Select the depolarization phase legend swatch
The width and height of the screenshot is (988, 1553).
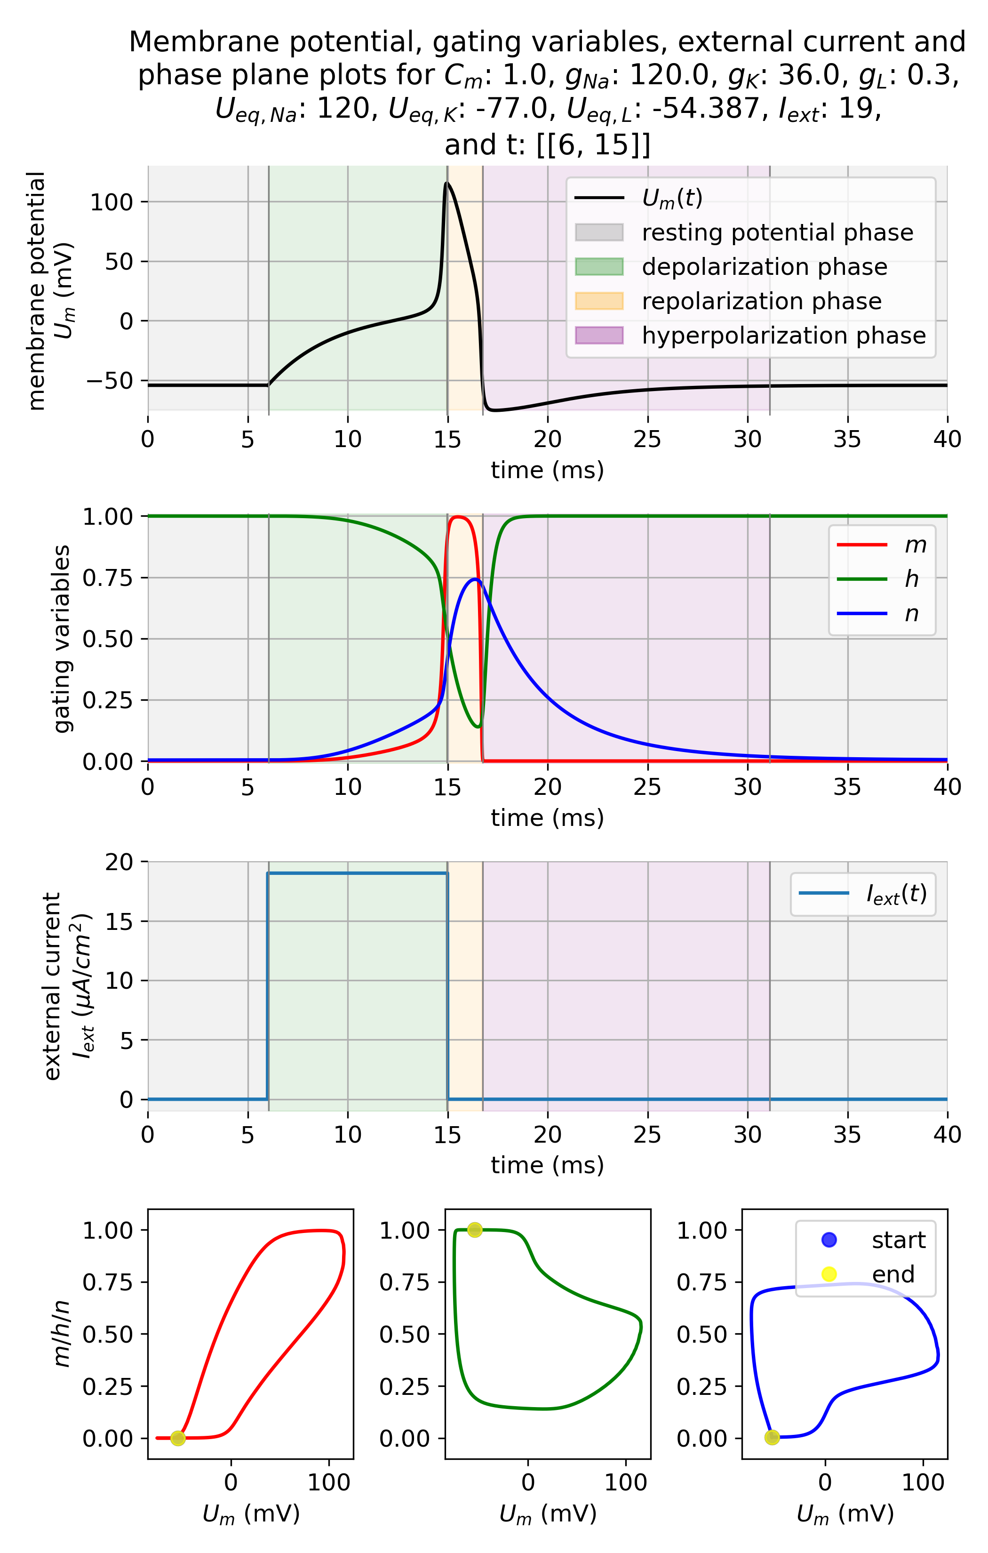[x=598, y=266]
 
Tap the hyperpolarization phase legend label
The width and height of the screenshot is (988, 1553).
[x=783, y=336]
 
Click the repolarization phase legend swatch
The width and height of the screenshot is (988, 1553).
[x=598, y=301]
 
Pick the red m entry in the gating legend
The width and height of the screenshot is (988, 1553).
[x=881, y=545]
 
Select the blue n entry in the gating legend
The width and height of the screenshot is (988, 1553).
[x=881, y=613]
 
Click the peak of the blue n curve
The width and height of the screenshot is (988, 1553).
[x=475, y=579]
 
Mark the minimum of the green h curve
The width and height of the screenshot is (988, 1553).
[x=478, y=727]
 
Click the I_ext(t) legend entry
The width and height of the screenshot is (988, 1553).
[x=862, y=894]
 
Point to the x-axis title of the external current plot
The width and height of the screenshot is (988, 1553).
[x=547, y=1165]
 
